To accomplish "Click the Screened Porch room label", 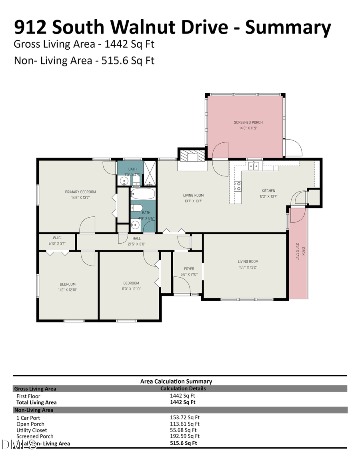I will tap(248, 122).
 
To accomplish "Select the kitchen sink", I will tap(254, 166).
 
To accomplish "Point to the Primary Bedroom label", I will tap(80, 192).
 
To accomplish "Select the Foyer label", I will tap(189, 269).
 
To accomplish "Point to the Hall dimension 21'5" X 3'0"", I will tap(136, 244).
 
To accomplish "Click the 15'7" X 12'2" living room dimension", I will tap(248, 267).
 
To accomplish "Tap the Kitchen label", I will tap(268, 191).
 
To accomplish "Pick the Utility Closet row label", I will tap(32, 430).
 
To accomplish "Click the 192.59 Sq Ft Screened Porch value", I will tap(184, 436).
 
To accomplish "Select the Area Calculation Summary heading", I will tap(176, 381).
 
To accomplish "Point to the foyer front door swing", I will tap(182, 285).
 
